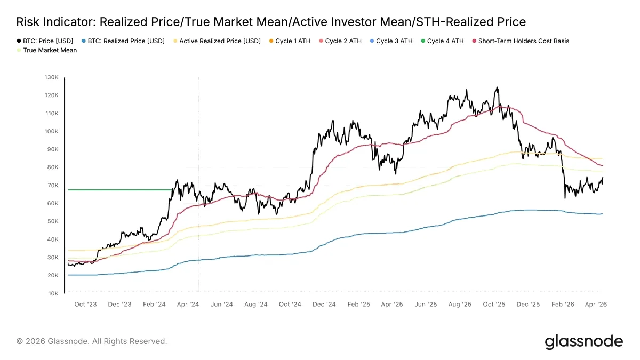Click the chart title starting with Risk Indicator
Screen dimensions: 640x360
tap(271, 22)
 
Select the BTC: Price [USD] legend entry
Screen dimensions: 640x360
tap(45, 41)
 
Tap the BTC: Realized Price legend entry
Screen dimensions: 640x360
tap(123, 41)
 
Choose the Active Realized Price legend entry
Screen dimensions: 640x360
tap(217, 41)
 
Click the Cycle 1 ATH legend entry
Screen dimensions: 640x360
tap(290, 41)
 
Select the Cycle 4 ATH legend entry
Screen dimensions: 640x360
tap(442, 41)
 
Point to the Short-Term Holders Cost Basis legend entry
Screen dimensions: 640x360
tap(521, 41)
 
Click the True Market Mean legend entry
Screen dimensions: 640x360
tap(47, 50)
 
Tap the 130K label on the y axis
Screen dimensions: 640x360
tap(51, 77)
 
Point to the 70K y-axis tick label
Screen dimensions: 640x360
tap(53, 186)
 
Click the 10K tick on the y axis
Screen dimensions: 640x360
tap(53, 293)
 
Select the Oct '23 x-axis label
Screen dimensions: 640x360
tap(85, 305)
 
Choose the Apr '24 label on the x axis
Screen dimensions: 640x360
tap(188, 305)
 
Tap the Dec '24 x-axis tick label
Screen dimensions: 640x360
tap(324, 305)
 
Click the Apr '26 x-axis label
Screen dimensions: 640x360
tap(596, 305)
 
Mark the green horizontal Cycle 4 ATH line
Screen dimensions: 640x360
tap(120, 190)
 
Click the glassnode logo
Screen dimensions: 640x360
tap(583, 342)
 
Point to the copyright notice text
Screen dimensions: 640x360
tap(91, 341)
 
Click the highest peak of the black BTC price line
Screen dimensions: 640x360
tap(497, 87)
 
